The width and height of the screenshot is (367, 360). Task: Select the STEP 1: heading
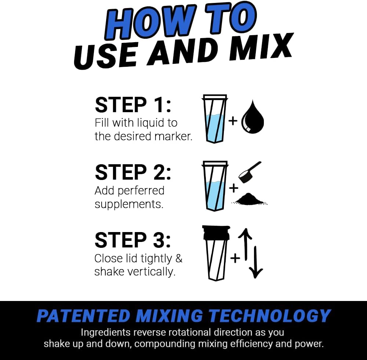coord(133,105)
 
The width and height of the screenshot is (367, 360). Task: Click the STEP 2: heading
coord(133,172)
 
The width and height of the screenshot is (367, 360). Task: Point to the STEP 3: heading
coord(133,240)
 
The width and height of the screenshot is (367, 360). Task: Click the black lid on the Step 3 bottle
coord(215,233)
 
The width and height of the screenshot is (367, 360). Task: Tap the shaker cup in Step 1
coord(215,119)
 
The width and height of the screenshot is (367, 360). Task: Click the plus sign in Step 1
coord(233,121)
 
